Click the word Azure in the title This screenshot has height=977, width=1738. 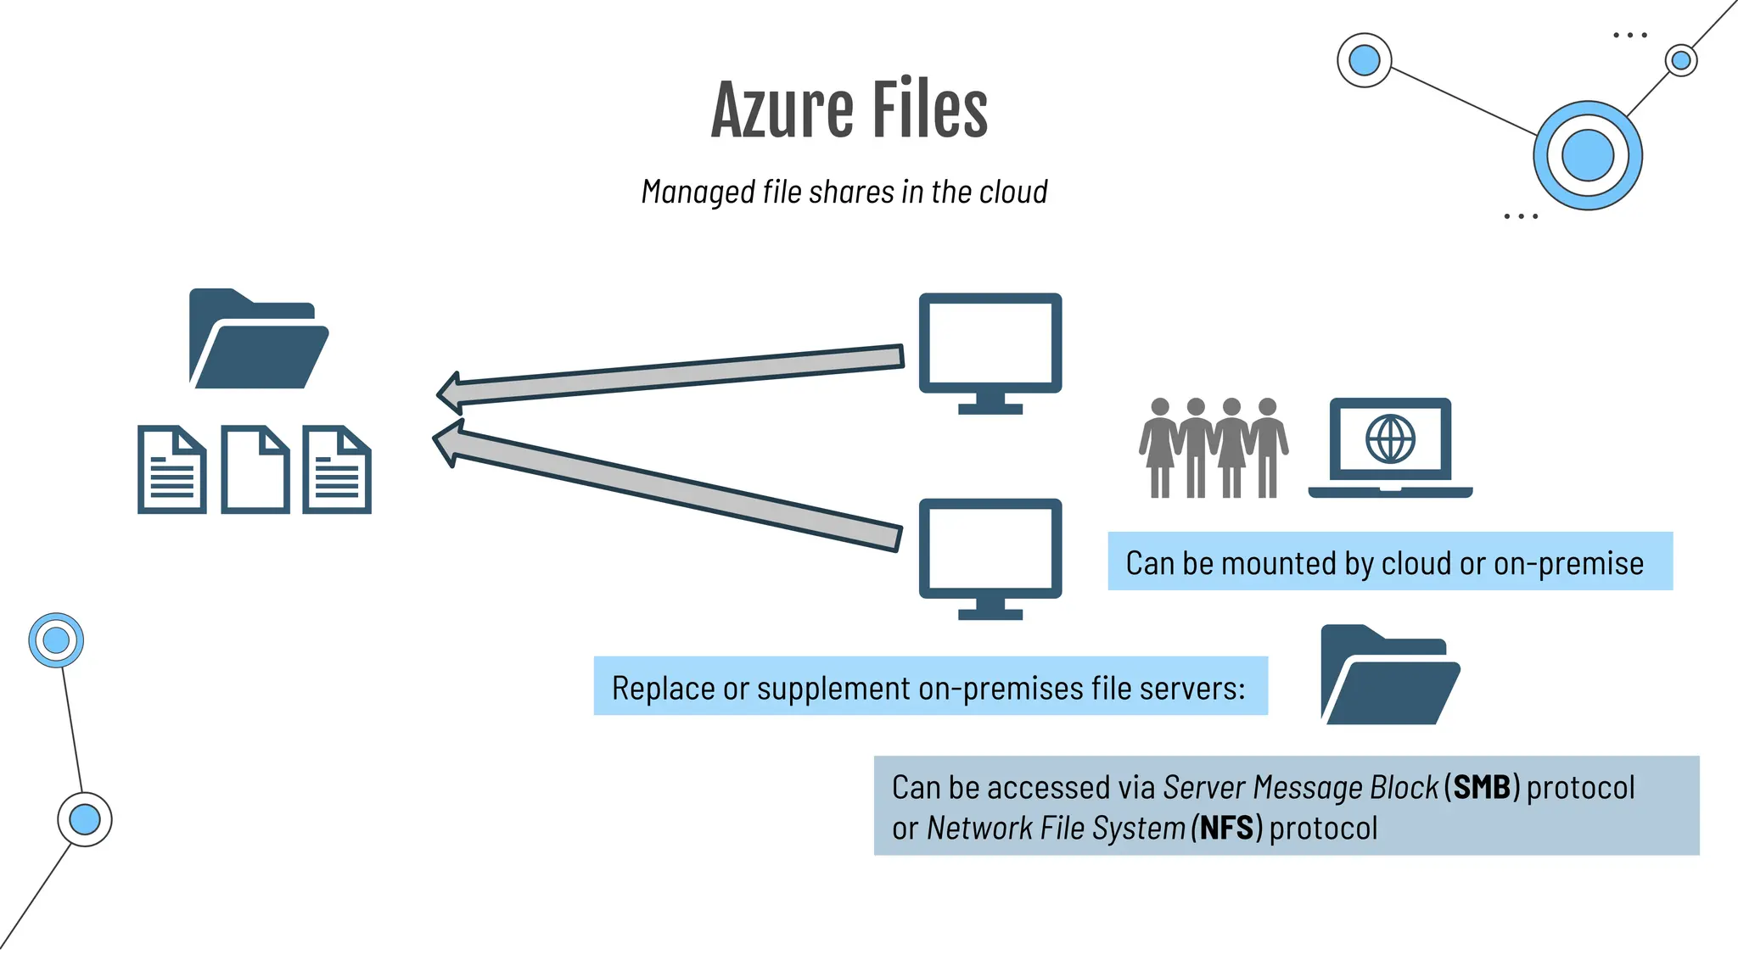782,109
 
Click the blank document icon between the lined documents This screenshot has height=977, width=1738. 255,470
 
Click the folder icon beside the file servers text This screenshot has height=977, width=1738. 1390,675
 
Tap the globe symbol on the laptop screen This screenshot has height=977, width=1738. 1390,438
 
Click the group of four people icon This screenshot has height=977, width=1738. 1213,447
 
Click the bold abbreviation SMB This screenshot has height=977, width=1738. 1482,787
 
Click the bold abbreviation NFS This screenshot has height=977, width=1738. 1226,828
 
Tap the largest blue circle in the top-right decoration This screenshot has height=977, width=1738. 1587,156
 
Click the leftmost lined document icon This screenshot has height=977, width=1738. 172,470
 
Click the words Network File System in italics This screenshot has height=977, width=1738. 1056,828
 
